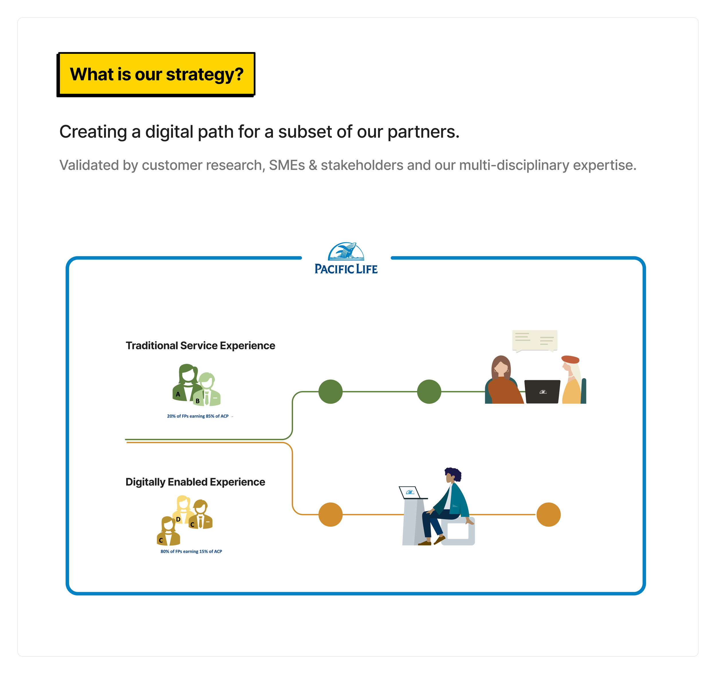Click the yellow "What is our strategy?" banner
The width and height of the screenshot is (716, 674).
click(x=156, y=74)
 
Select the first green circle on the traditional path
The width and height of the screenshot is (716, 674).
click(x=330, y=391)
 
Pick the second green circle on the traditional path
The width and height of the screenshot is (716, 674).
click(x=429, y=391)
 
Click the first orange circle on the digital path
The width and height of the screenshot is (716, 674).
click(x=330, y=515)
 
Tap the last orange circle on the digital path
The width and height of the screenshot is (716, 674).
click(x=548, y=515)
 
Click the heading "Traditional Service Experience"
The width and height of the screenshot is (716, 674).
click(x=200, y=346)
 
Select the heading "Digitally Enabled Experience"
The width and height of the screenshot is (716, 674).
click(x=195, y=482)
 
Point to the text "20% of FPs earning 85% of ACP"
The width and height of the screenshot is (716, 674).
click(x=198, y=416)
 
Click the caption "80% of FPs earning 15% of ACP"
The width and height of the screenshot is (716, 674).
click(x=191, y=551)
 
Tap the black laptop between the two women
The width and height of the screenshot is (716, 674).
click(x=542, y=391)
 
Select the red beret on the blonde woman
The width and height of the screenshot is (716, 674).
click(x=570, y=359)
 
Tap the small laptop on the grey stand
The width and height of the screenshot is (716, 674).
click(x=410, y=492)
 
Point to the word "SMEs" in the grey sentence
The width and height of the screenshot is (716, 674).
click(x=287, y=165)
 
